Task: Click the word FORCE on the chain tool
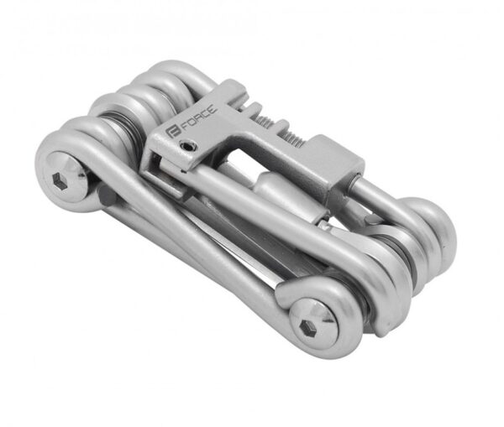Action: click(x=197, y=119)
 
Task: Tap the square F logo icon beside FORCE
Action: click(x=171, y=132)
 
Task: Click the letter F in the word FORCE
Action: click(x=181, y=128)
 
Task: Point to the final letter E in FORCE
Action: click(x=213, y=108)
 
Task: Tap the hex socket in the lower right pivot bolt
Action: click(x=307, y=329)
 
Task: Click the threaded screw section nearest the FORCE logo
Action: click(x=264, y=121)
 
